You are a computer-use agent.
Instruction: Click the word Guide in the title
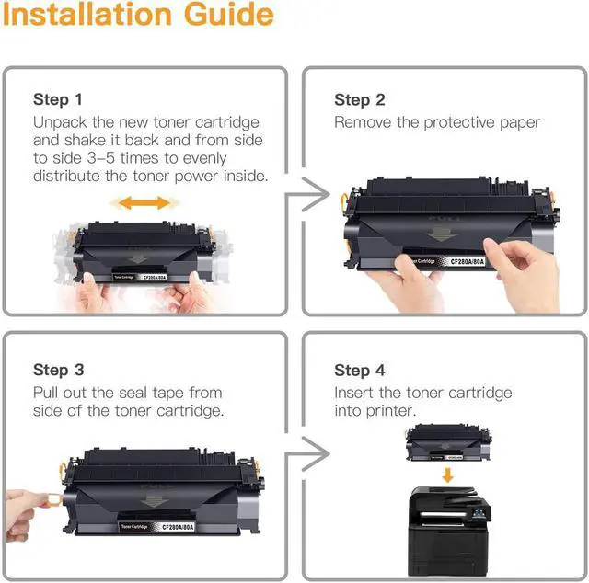tap(229, 15)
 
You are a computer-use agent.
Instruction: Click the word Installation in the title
tap(87, 15)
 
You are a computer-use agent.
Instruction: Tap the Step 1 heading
tap(57, 99)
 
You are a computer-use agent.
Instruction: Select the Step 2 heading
tap(360, 100)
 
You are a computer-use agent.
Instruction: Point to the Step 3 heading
tap(58, 370)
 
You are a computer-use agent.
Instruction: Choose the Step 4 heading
tap(360, 371)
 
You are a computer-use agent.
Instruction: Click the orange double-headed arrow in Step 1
tap(144, 202)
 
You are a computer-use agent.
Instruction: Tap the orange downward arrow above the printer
tap(447, 474)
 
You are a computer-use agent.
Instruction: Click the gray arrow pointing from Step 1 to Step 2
tap(307, 194)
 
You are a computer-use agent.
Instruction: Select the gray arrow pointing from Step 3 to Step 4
tap(307, 454)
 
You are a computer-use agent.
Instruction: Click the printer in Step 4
tap(449, 532)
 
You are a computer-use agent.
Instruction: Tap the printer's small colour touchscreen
tap(479, 512)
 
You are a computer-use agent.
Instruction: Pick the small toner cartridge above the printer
tap(448, 443)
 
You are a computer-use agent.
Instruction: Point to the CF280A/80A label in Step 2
tap(468, 261)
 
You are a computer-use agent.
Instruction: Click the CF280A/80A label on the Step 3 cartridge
tap(178, 527)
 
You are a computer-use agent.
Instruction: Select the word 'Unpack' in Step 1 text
tap(60, 122)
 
